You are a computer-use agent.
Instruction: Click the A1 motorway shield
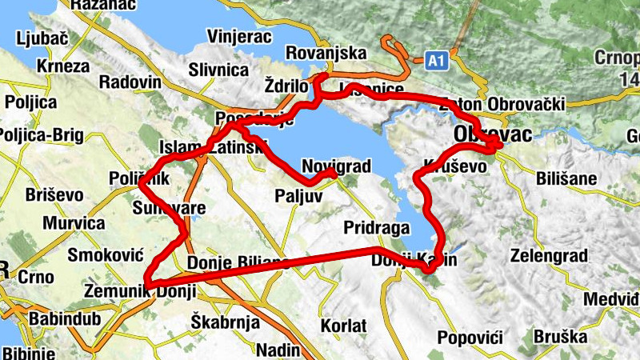click(436, 60)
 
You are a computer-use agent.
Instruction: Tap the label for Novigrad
click(337, 166)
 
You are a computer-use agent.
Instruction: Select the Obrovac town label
click(491, 135)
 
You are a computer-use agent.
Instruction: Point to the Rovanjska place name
click(326, 54)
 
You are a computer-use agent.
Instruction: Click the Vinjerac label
click(240, 37)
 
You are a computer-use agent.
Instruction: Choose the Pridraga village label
click(378, 227)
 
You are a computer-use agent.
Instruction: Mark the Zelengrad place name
click(550, 256)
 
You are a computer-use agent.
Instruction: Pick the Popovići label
click(470, 338)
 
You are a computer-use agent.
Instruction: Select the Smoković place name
click(105, 255)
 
